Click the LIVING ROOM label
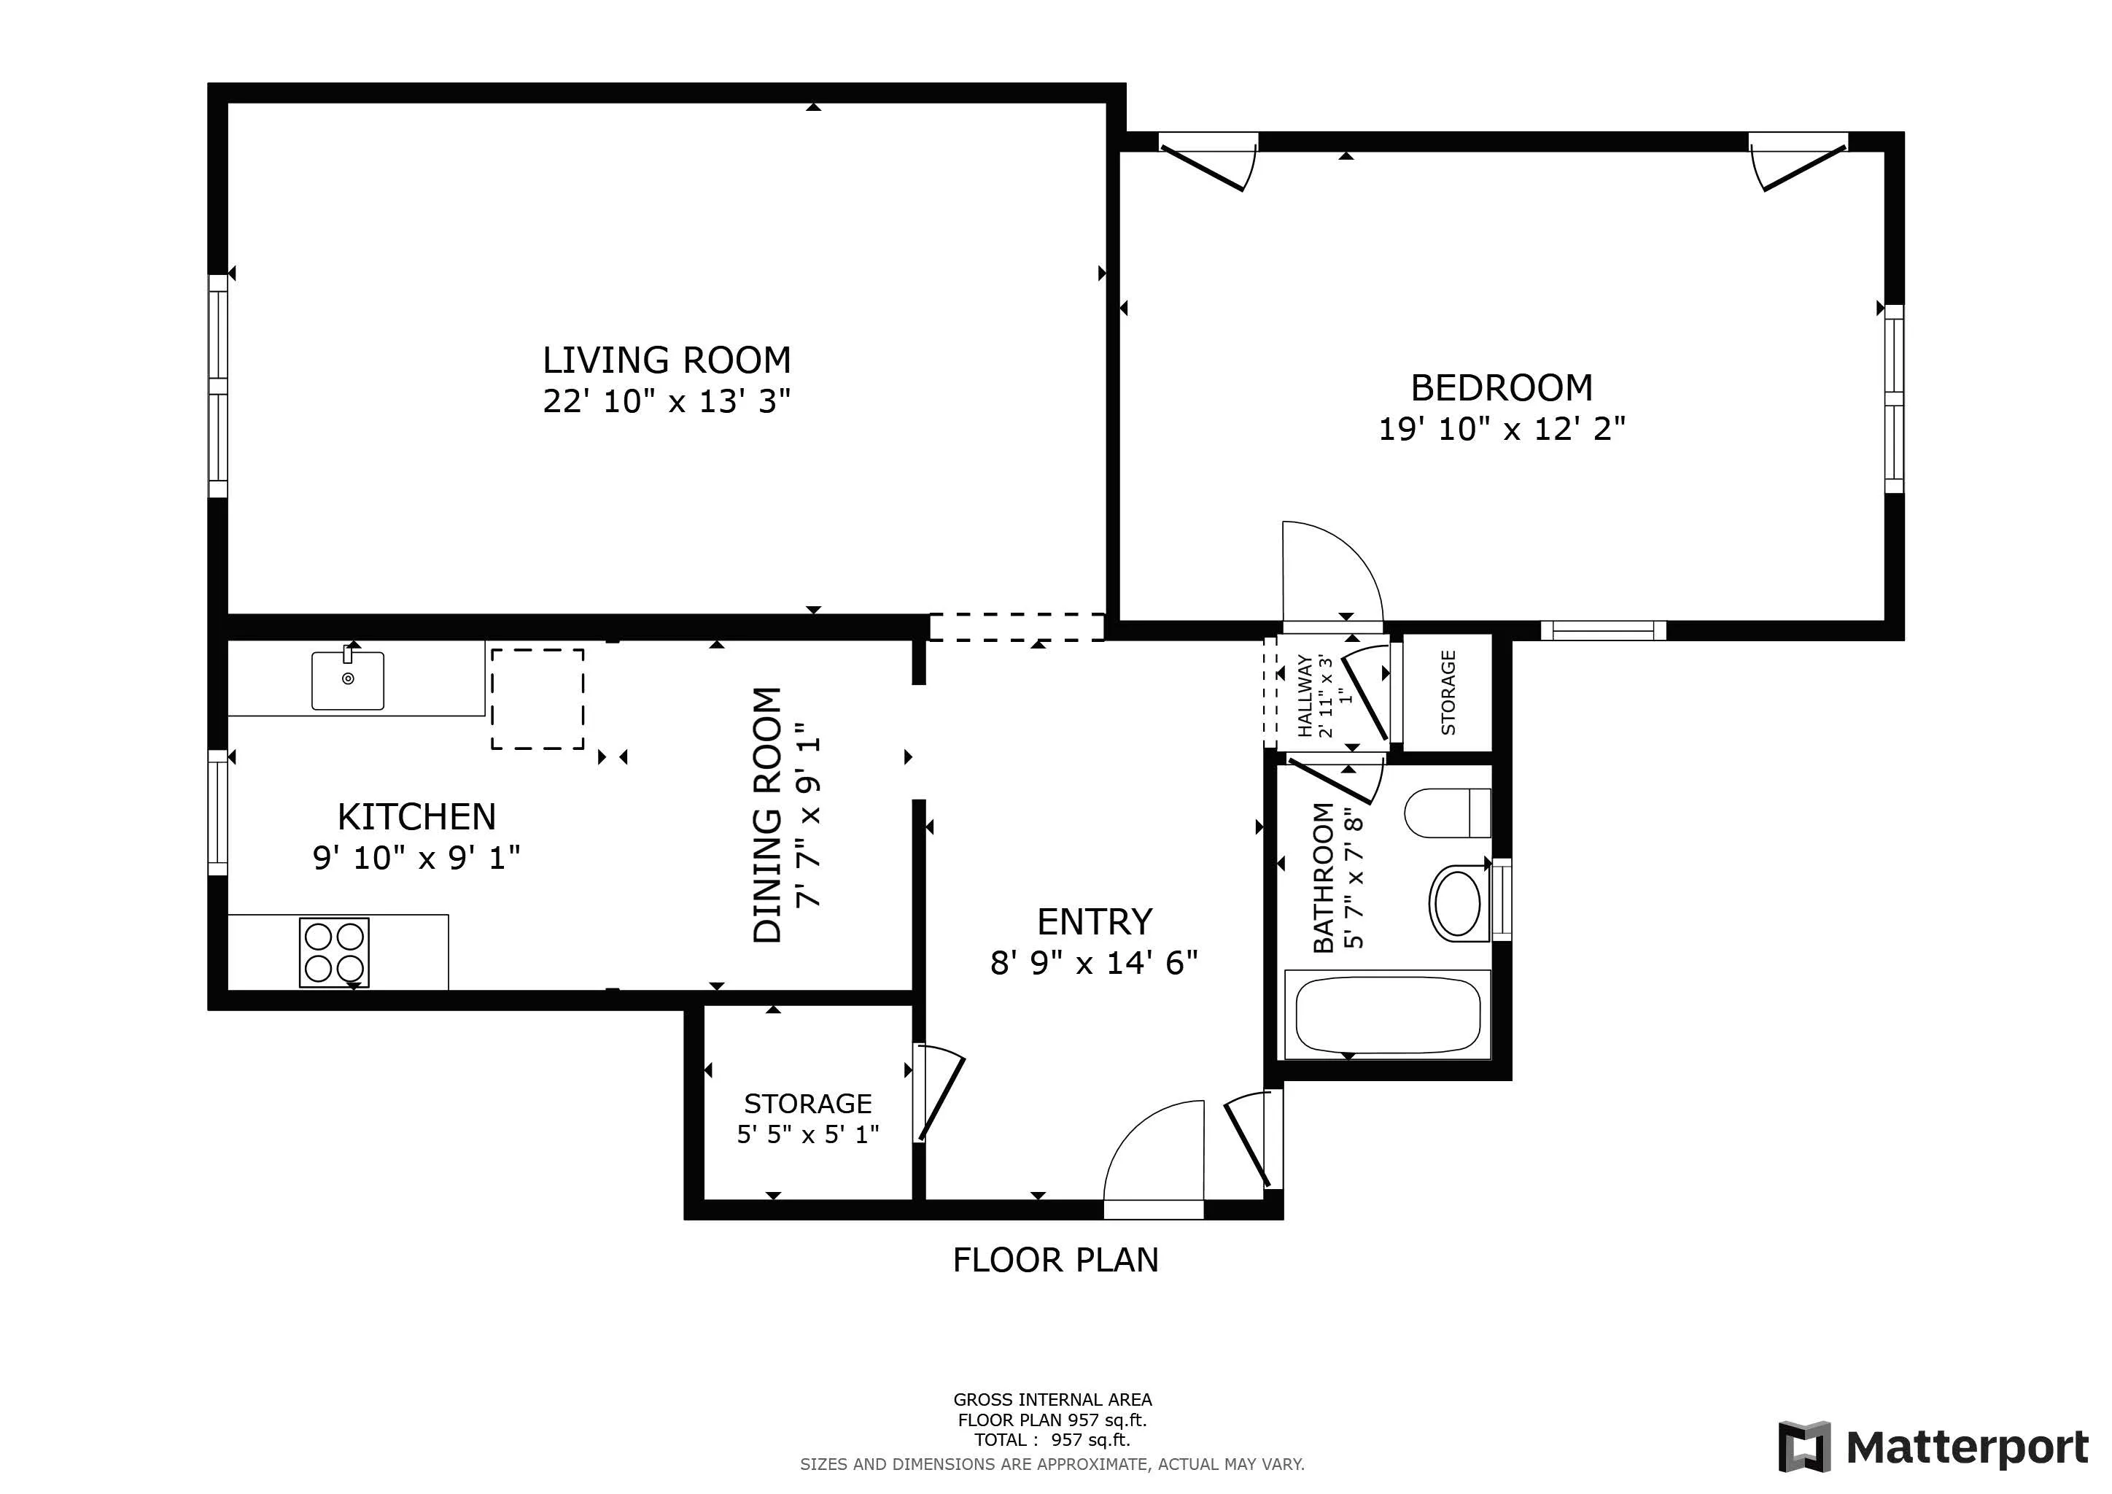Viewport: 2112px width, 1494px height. pos(666,360)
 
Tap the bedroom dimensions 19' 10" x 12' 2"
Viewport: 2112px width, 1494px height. pos(1501,429)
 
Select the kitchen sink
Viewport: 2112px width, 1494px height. pos(348,681)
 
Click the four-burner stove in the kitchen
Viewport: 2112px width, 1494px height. pos(334,952)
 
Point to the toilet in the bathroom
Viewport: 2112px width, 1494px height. pos(1448,813)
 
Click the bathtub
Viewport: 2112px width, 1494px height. pos(1387,1015)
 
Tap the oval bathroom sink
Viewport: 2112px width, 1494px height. pos(1458,902)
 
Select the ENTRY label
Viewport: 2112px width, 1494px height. pos(1094,922)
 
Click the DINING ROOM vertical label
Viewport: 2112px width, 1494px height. pos(767,815)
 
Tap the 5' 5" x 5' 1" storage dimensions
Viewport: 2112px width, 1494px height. pos(807,1134)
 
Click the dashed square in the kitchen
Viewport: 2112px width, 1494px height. pos(537,699)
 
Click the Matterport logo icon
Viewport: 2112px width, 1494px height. pos(1804,1447)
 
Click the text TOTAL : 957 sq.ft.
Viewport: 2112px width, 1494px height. pos(1052,1440)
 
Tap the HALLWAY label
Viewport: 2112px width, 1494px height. pos(1305,695)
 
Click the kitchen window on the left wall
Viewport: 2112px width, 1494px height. pos(218,813)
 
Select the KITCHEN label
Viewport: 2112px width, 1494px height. pos(416,817)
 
